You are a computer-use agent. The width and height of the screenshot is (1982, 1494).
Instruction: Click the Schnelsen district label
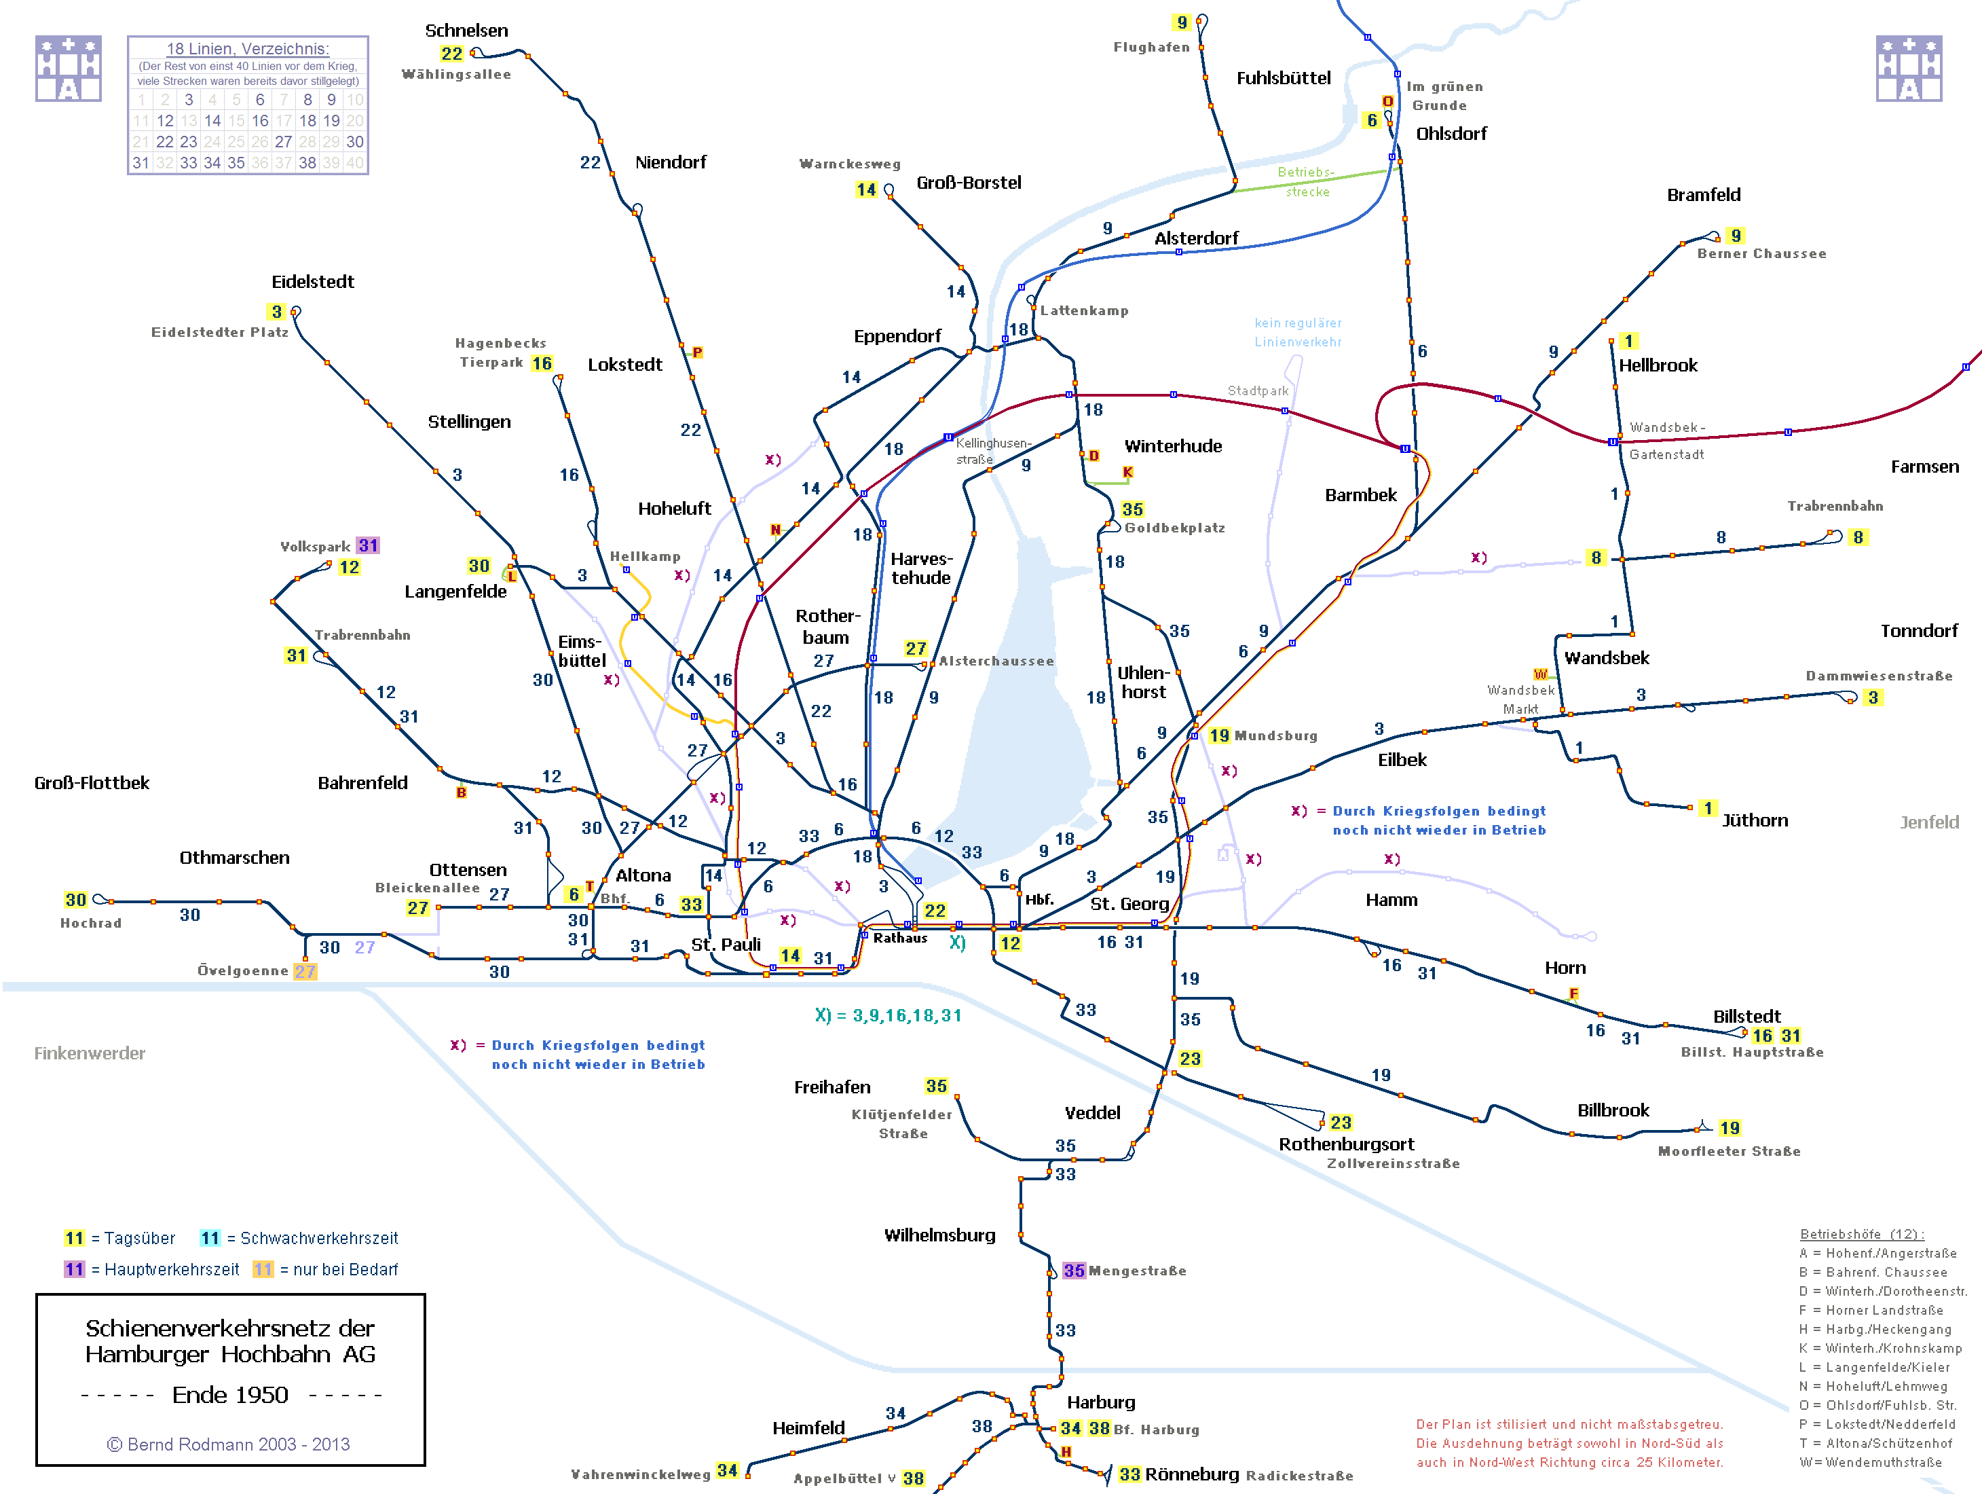pos(466,31)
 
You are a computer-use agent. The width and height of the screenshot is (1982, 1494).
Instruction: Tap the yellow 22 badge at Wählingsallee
pos(451,54)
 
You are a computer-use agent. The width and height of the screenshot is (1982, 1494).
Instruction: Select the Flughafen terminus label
pos(1151,48)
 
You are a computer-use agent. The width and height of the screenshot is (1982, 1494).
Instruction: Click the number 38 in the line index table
pos(307,163)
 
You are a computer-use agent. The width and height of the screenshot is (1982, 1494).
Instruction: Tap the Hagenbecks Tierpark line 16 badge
pos(541,363)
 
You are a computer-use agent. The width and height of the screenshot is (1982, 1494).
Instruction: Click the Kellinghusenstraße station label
pos(993,451)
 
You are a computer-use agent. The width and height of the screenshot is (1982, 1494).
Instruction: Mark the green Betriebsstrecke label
pos(1307,182)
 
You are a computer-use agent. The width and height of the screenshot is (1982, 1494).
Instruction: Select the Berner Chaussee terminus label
pos(1761,253)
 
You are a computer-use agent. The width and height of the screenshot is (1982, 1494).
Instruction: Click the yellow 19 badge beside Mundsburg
pos(1218,736)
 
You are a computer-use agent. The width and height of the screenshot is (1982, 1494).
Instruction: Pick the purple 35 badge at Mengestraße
pos(1073,1271)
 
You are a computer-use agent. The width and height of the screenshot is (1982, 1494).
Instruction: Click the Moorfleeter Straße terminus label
pos(1728,1152)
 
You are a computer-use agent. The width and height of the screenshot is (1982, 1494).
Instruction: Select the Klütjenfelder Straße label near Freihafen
pos(902,1124)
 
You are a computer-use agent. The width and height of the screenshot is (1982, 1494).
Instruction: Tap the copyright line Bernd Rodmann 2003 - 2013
pos(229,1444)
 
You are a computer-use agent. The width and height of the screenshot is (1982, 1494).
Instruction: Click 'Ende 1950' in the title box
pos(230,1395)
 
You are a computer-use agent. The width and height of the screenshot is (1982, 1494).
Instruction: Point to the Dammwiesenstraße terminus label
pos(1878,676)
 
